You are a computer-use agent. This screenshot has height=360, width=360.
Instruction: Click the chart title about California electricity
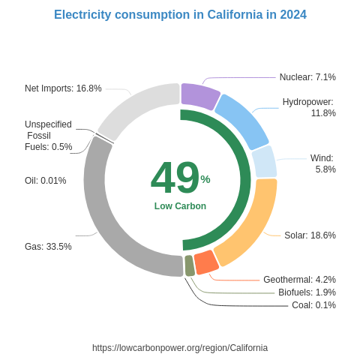[x=180, y=15]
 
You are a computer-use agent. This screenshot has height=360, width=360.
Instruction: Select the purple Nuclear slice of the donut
[x=199, y=96]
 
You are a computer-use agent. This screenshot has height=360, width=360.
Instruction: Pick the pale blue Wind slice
[x=264, y=162]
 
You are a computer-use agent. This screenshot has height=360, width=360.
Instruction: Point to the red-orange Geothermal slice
[x=206, y=262]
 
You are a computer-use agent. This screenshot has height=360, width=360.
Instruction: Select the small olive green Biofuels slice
[x=190, y=265]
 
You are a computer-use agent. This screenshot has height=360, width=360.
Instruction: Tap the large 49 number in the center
[x=175, y=178]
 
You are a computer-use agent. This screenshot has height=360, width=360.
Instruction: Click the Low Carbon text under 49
[x=180, y=206]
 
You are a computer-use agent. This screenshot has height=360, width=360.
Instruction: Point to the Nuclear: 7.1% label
[x=307, y=77]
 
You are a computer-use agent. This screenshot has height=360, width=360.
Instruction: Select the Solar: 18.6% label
[x=310, y=235]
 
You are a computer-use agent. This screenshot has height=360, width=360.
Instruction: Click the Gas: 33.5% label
[x=48, y=247]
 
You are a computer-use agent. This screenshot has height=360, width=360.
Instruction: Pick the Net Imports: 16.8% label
[x=63, y=88]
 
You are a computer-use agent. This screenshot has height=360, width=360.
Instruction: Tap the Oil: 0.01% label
[x=45, y=181]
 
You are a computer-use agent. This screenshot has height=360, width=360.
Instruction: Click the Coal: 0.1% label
[x=313, y=305]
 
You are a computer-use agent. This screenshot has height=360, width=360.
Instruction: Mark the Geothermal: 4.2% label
[x=299, y=280]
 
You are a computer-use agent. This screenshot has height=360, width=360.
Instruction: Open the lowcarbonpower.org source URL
[x=180, y=348]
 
